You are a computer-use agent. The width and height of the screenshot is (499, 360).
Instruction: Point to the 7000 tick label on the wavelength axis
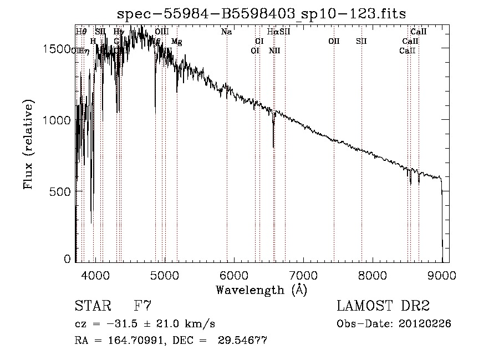pyautogui.click(x=303, y=275)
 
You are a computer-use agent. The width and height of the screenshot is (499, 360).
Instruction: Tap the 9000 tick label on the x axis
pyautogui.click(x=441, y=275)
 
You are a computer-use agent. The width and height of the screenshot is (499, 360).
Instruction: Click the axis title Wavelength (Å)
pyautogui.click(x=261, y=290)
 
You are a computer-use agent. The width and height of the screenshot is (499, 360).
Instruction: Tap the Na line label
pyautogui.click(x=226, y=32)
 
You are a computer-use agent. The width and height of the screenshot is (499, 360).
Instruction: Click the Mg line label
pyautogui.click(x=176, y=42)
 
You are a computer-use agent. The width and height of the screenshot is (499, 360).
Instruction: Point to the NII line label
pyautogui.click(x=274, y=51)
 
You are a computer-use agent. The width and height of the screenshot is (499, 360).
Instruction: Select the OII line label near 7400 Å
pyautogui.click(x=334, y=41)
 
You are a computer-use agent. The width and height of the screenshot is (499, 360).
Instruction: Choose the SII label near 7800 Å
pyautogui.click(x=361, y=41)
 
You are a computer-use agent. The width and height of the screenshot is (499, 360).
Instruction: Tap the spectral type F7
pyautogui.click(x=142, y=306)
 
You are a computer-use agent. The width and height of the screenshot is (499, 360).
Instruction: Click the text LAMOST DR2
pyautogui.click(x=383, y=306)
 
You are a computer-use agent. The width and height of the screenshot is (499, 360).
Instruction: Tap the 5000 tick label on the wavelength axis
pyautogui.click(x=164, y=275)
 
